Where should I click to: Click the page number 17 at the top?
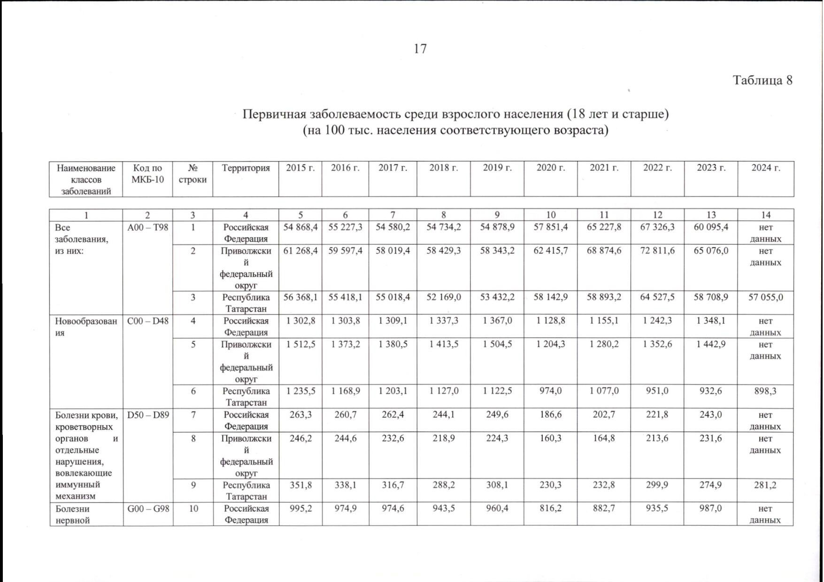tap(420, 49)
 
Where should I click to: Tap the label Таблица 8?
tap(762, 80)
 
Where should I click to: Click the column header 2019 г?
tap(497, 168)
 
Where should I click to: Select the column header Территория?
tap(246, 168)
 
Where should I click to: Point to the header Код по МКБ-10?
tap(148, 174)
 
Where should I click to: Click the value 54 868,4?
tap(300, 227)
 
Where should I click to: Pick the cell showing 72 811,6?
tap(657, 251)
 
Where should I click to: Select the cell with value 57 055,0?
tap(765, 297)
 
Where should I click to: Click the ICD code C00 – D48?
tap(148, 321)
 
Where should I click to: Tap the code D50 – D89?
tap(148, 415)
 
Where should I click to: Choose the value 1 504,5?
tap(497, 344)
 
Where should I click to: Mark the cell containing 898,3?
tap(765, 391)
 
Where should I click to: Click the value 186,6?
tap(551, 415)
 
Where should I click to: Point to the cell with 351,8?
tap(300, 485)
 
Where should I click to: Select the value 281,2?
tap(765, 485)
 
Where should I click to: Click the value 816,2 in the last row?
tap(551, 509)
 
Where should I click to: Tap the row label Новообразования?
tap(85, 327)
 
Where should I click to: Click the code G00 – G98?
tap(148, 509)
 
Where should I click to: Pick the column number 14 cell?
tap(765, 215)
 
